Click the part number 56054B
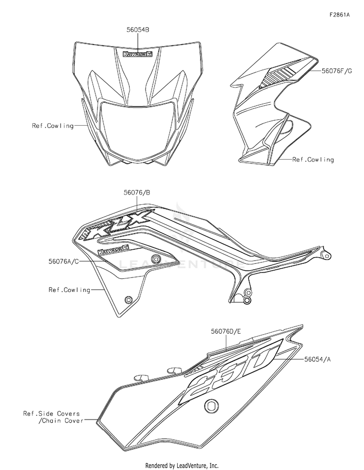point(137,30)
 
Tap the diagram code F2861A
point(339,15)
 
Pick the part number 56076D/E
point(226,331)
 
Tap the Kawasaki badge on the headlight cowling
point(137,55)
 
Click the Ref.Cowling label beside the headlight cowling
point(53,126)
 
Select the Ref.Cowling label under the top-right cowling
point(313,159)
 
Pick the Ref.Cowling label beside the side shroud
point(69,290)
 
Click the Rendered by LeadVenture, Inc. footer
point(182,465)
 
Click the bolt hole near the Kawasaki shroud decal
point(155,259)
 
